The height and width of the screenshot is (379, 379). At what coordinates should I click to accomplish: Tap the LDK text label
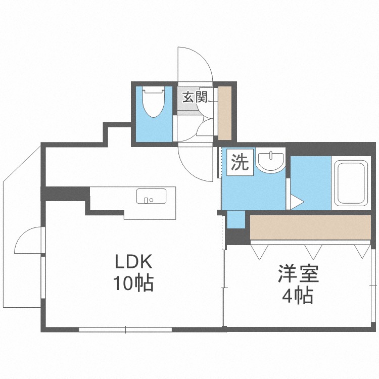(x=132, y=263)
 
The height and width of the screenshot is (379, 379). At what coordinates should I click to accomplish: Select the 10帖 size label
(x=132, y=284)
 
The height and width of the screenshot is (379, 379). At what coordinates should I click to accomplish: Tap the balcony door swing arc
(x=28, y=241)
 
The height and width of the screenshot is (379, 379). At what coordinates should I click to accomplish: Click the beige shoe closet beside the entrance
(x=224, y=113)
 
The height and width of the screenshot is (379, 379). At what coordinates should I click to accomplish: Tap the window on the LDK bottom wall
(x=126, y=330)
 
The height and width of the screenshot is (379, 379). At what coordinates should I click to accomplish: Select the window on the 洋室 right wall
(x=374, y=288)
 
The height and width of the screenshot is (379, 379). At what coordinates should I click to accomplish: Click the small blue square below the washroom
(x=234, y=219)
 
